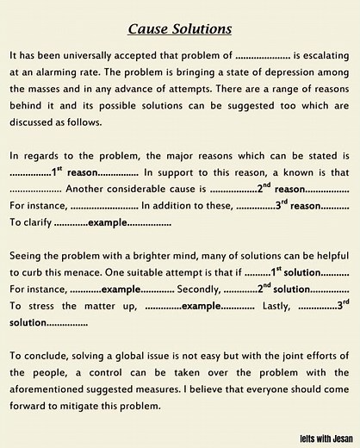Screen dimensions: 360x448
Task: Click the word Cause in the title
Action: (x=146, y=29)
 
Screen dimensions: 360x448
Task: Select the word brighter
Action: (x=175, y=258)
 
